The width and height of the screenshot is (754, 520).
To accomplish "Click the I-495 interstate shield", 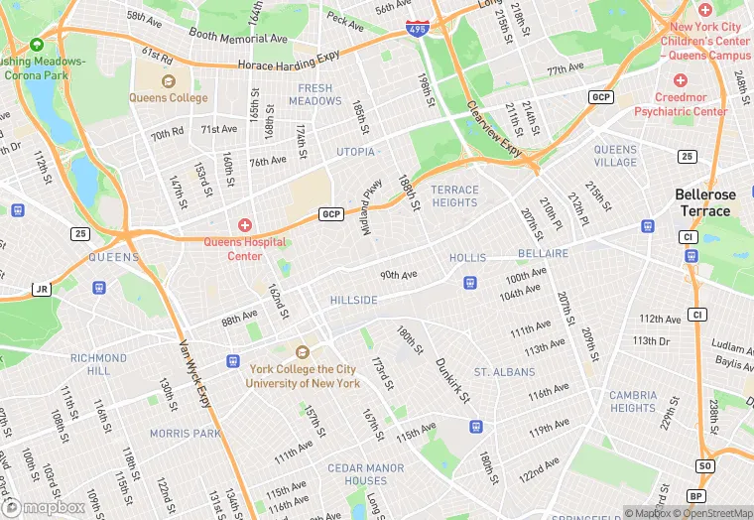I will [x=418, y=30].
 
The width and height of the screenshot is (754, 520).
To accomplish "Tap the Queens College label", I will [x=169, y=98].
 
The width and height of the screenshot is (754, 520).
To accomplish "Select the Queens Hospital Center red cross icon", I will [x=245, y=226].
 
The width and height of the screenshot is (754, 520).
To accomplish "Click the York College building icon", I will [x=303, y=352].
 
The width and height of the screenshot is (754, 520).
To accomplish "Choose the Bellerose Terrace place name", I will [x=705, y=202].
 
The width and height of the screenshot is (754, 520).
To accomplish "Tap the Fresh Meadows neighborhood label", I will [x=315, y=94].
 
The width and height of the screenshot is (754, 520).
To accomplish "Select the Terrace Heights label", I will [x=454, y=195].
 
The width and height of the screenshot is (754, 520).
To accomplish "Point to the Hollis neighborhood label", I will [x=467, y=257].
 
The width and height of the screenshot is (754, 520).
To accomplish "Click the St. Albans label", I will [x=504, y=372].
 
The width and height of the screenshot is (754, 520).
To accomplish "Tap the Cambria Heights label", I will [x=633, y=401].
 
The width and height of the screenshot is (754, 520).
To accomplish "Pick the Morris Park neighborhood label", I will [x=185, y=434].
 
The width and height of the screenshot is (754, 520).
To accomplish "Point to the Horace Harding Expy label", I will [x=288, y=65].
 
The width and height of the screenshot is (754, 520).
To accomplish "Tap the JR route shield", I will [x=41, y=290].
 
